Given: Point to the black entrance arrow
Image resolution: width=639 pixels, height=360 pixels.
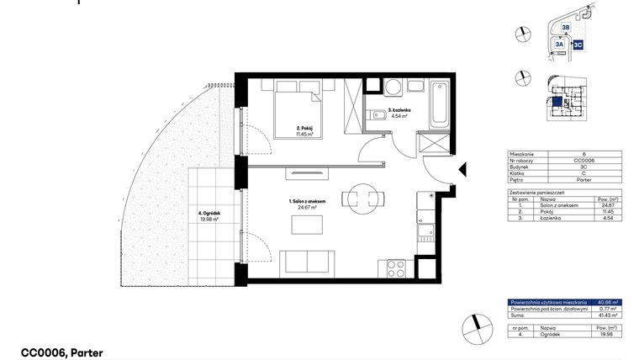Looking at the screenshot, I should [x=462, y=172].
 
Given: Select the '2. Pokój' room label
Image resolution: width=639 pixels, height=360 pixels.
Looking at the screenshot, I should [x=304, y=130].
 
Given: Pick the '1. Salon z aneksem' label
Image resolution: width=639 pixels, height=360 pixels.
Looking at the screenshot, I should [x=300, y=204].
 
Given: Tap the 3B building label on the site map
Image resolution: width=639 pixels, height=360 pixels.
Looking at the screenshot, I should [x=566, y=28].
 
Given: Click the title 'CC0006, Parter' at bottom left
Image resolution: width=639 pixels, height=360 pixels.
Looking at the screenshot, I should [x=61, y=353].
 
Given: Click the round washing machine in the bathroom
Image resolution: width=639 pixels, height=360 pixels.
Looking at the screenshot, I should [x=393, y=87].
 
